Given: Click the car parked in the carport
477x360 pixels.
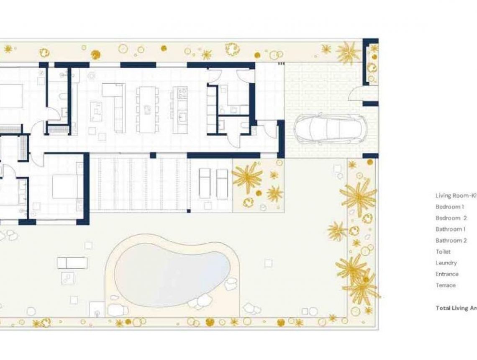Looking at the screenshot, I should (331, 129).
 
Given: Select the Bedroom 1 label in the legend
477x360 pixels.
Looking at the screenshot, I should (450, 207).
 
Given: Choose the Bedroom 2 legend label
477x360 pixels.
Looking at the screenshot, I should (451, 218).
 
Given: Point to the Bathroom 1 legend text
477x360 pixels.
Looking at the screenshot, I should (451, 229).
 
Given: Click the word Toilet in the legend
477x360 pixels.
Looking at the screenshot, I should (443, 252).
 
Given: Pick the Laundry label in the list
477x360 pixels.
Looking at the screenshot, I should (446, 263).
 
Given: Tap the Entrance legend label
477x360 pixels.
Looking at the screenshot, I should (447, 274).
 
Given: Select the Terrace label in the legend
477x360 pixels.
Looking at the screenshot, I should (445, 285).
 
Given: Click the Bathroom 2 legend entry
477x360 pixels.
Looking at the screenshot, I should (451, 241).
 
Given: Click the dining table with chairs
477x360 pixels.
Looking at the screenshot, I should (147, 109).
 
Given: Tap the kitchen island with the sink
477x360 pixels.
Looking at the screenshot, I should (181, 110).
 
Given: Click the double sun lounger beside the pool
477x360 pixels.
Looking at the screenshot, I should (72, 263).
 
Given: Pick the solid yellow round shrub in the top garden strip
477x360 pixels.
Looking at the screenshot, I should (96, 55).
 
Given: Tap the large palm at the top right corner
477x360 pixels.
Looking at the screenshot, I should (348, 52).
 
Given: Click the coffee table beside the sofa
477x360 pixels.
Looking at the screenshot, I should (96, 111).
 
